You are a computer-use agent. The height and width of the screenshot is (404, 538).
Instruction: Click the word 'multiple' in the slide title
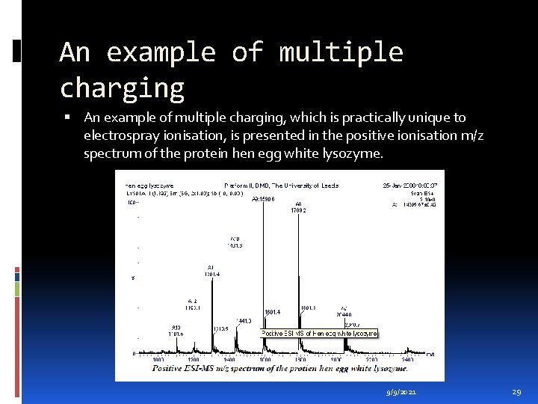point(341,52)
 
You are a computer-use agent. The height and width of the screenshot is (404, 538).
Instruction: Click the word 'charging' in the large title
point(122,88)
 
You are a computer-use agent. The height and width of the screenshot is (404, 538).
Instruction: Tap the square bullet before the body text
point(67,117)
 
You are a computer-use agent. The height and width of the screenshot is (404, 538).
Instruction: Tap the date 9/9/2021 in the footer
point(402,392)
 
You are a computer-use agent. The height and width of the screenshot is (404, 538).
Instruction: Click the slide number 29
point(516,392)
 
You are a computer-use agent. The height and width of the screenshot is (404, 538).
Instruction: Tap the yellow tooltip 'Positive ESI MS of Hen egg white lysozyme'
point(318,333)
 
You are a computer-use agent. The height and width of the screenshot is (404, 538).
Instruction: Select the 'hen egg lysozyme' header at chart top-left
point(149,185)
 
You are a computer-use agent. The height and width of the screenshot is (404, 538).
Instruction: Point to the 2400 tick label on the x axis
point(407,361)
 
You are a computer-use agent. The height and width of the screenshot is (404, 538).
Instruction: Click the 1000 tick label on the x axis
point(158,361)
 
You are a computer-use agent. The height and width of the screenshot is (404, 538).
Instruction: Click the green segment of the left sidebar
point(16,288)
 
